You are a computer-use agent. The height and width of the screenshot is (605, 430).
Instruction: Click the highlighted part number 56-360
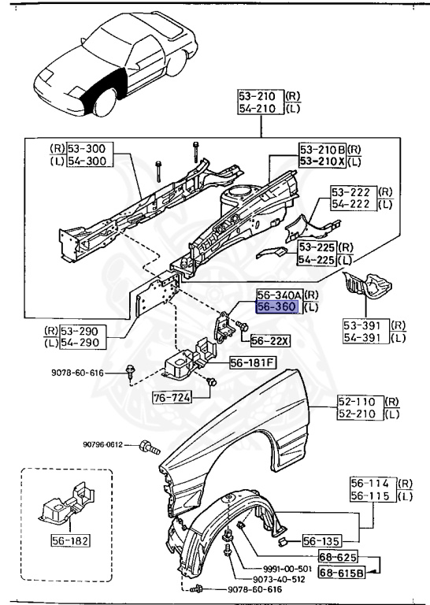click(277, 308)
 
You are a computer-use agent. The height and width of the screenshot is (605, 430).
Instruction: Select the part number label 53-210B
click(322, 149)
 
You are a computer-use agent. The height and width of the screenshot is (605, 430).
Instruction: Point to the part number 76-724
click(172, 398)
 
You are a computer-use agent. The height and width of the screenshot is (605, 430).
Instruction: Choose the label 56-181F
click(252, 363)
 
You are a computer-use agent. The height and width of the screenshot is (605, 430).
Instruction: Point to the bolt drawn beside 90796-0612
click(147, 446)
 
